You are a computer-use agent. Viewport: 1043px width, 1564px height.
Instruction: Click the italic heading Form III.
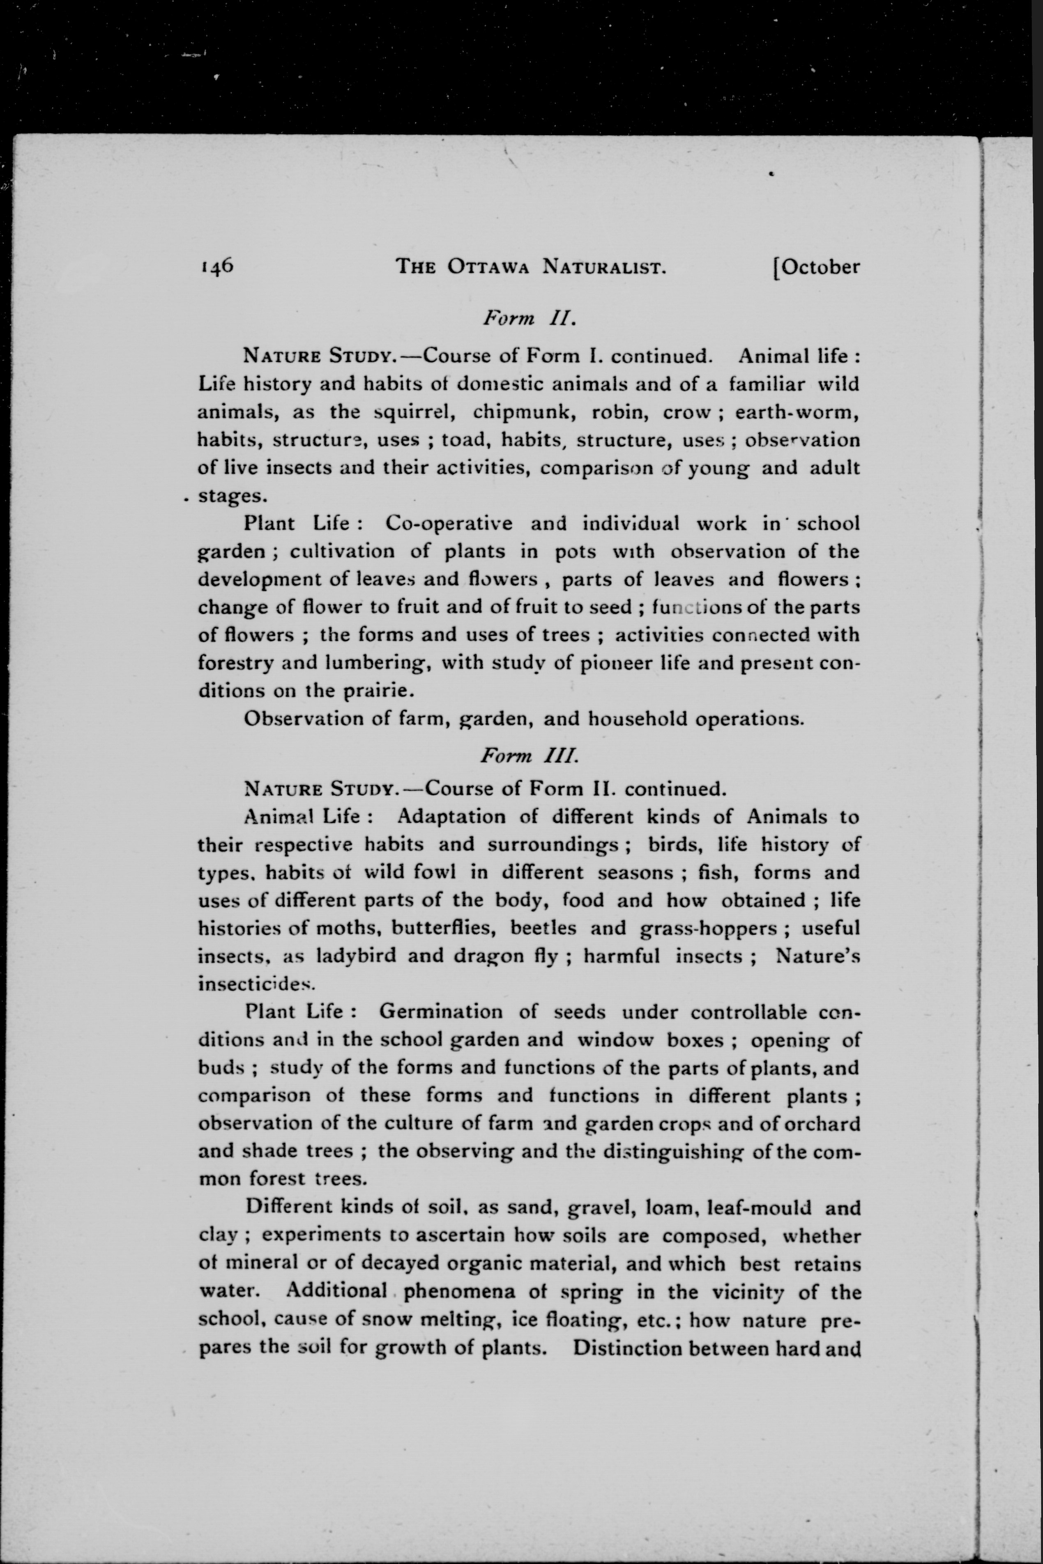point(530,756)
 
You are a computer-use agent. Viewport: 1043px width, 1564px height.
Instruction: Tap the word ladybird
point(357,956)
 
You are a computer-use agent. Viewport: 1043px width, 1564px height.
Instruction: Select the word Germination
point(441,1012)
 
